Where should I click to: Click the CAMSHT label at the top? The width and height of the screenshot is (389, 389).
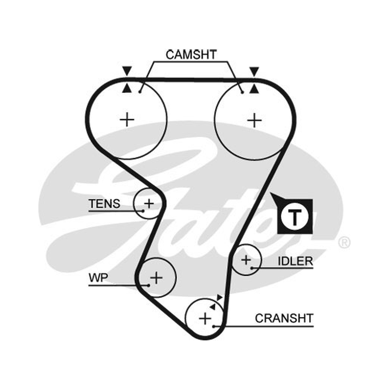[191, 54]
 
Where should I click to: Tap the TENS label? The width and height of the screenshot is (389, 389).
[104, 204]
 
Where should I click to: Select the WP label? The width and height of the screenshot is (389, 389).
[98, 278]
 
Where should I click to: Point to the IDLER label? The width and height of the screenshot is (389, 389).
[295, 261]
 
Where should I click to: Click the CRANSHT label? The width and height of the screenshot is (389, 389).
[284, 318]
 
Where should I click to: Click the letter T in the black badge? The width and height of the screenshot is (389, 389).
[295, 216]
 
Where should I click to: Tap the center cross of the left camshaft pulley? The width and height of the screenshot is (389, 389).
[127, 120]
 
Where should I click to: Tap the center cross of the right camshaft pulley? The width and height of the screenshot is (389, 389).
[254, 121]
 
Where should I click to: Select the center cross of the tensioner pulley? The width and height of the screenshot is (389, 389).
[149, 204]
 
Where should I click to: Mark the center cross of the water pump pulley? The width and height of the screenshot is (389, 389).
[157, 278]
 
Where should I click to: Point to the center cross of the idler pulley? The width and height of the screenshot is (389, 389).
[246, 260]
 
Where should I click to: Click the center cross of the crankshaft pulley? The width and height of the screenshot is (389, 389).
[205, 318]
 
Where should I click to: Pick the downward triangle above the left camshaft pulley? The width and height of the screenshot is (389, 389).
[127, 71]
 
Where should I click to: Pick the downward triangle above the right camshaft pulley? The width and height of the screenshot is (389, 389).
[254, 71]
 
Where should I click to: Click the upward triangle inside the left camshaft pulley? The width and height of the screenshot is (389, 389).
[127, 88]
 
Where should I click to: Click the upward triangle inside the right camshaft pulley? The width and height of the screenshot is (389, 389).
[254, 89]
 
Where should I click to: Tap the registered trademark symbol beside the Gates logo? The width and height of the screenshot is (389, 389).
[344, 243]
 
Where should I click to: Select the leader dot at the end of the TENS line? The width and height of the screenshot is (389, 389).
[143, 211]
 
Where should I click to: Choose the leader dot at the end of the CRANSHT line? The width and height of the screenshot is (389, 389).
[213, 326]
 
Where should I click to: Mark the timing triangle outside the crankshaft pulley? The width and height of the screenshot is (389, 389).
[220, 297]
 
